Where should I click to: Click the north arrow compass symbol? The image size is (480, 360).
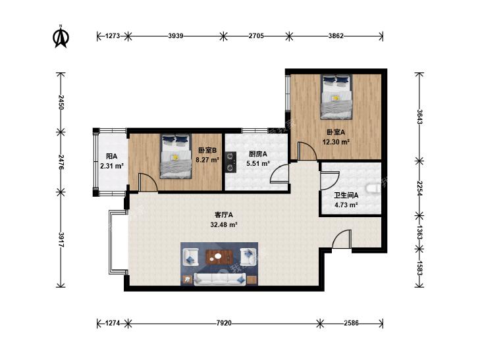tap(61, 37)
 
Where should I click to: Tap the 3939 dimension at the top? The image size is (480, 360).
tap(176, 36)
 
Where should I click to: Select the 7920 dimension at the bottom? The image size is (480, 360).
tap(224, 322)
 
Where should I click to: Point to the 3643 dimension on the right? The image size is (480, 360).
tap(419, 116)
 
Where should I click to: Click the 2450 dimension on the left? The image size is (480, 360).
tap(61, 102)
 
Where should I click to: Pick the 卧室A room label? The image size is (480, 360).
tap(336, 132)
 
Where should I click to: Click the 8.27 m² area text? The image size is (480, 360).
tap(207, 160)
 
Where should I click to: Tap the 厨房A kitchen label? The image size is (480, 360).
tap(257, 154)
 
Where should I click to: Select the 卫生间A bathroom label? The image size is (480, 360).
tap(346, 195)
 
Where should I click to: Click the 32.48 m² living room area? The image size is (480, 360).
tap(224, 225)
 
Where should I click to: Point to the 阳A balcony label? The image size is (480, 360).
tap(111, 156)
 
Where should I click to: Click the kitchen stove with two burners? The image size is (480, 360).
tap(231, 162)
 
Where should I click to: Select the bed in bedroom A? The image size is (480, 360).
tap(336, 97)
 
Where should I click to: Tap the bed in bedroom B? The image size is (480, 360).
tap(175, 156)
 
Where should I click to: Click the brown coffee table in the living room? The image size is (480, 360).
tap(219, 257)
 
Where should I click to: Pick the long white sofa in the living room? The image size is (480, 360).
tap(220, 279)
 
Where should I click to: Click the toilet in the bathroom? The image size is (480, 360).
tap(373, 189)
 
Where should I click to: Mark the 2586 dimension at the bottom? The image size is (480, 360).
tap(351, 322)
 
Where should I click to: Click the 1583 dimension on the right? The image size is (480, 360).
tap(419, 268)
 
